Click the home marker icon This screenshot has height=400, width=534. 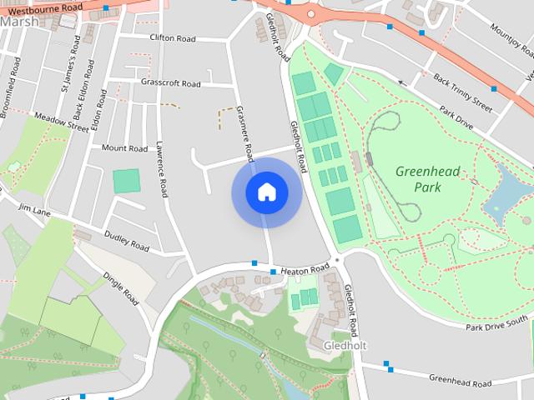266,192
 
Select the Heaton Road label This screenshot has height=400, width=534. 306,271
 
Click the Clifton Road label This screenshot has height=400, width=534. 172,37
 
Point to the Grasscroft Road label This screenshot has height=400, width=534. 170,83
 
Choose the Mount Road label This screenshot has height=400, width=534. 124,148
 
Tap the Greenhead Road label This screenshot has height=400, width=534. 460,379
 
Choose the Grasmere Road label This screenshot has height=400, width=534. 244,133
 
